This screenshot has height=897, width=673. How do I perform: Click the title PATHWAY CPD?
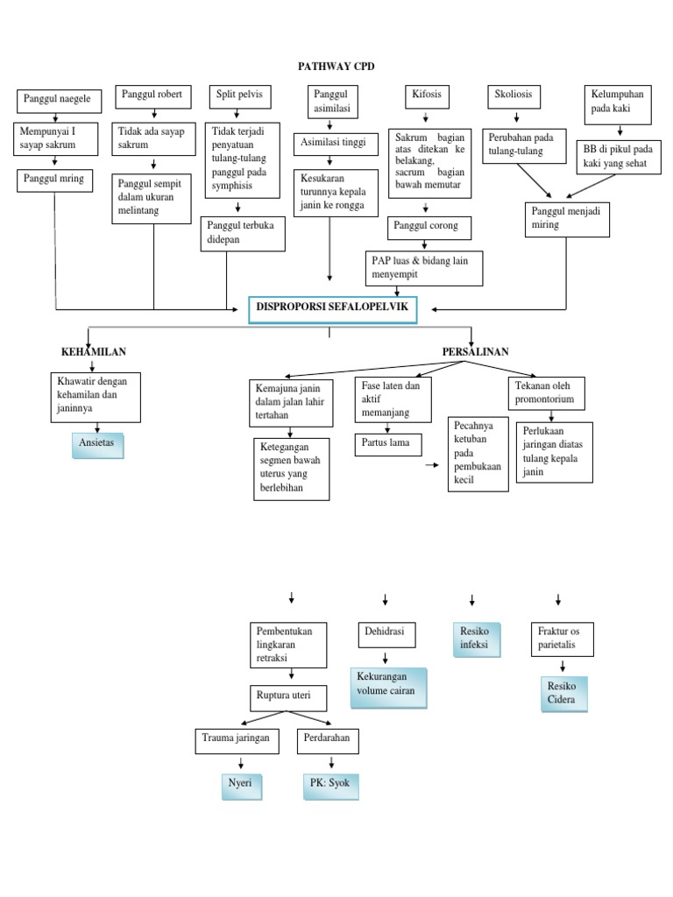click(336, 67)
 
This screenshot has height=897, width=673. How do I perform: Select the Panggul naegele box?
click(58, 101)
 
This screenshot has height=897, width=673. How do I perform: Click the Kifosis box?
click(426, 95)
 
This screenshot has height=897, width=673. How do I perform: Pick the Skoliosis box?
click(514, 95)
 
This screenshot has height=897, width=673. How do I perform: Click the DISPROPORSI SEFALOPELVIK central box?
click(332, 309)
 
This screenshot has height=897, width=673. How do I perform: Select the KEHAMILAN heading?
click(94, 352)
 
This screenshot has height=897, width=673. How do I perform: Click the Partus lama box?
click(388, 444)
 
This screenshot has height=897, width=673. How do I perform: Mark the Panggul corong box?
click(435, 228)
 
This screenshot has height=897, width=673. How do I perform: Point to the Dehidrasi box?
click(386, 634)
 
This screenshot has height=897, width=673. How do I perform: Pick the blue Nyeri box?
click(242, 784)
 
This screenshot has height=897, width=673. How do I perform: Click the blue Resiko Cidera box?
click(563, 693)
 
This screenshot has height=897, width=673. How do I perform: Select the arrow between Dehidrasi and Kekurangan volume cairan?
click(383, 658)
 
